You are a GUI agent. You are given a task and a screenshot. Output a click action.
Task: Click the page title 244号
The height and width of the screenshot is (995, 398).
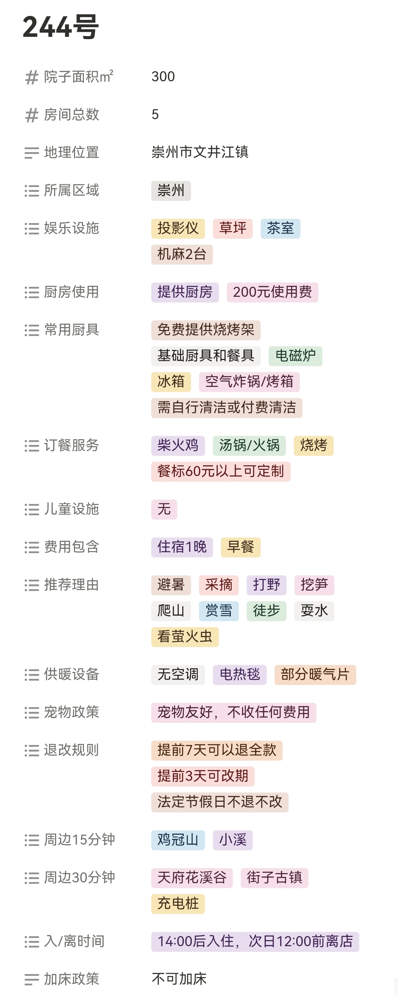[x=61, y=27]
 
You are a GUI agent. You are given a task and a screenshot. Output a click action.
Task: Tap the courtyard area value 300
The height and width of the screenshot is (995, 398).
[x=163, y=76]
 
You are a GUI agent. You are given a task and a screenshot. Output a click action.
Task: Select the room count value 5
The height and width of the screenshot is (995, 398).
[x=155, y=114]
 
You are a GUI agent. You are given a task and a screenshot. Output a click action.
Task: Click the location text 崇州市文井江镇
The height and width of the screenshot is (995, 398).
[x=200, y=152]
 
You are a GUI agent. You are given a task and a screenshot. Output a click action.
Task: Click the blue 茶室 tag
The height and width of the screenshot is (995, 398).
[x=280, y=228]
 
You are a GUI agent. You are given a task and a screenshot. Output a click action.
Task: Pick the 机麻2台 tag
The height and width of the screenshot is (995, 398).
[x=182, y=254]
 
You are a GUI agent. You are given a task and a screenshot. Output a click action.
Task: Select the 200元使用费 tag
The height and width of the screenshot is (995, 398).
[x=272, y=292]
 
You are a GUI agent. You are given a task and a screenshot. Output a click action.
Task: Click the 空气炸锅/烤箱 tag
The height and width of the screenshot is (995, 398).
[x=249, y=381]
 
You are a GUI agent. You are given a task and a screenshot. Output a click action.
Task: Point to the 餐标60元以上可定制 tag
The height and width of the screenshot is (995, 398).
[x=221, y=471]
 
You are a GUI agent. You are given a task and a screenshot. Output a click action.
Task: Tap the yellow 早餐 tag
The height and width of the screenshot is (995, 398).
[x=240, y=547]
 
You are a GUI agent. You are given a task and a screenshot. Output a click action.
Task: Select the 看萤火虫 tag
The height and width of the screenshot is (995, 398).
[x=184, y=636]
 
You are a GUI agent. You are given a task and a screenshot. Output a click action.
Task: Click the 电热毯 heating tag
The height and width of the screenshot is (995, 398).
[x=239, y=674]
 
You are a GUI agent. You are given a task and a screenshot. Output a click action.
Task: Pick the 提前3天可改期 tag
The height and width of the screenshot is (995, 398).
[x=203, y=776]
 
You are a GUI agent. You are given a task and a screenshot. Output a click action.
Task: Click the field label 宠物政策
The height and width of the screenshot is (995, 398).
[x=71, y=712]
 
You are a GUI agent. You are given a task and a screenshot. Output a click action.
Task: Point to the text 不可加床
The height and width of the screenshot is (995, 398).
[x=179, y=979]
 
